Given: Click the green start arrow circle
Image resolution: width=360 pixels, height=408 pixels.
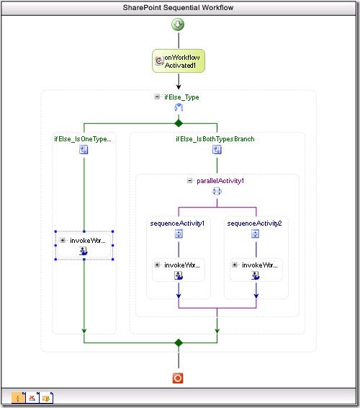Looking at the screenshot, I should tap(178, 25).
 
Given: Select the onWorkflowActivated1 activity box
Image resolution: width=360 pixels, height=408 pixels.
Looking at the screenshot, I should tap(179, 61).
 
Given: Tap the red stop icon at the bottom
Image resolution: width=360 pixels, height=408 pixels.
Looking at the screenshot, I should tap(179, 378).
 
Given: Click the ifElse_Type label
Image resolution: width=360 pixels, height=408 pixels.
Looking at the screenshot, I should tap(182, 97).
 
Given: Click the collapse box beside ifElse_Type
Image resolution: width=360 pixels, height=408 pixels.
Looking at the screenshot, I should tap(157, 97).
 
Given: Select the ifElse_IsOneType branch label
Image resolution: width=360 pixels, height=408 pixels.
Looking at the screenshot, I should tap(84, 138).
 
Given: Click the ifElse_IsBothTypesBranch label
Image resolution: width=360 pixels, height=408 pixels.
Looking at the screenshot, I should tap(215, 138).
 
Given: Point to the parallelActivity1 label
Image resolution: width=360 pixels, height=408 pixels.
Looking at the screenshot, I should tap(221, 181).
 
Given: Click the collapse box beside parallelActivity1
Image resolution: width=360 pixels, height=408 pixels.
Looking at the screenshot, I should tap(189, 181).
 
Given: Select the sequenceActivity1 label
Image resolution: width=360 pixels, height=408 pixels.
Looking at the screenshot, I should tap(177, 223).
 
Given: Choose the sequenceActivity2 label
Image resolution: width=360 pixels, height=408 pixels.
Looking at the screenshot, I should tap(254, 223).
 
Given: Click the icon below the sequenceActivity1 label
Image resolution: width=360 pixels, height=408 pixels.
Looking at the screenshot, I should tap(178, 234).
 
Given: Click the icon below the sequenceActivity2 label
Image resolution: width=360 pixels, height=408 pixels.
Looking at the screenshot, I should tap(255, 234).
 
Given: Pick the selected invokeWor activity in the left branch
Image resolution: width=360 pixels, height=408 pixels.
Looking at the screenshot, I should tap(84, 246).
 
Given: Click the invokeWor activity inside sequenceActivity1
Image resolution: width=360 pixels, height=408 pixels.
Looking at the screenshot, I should tap(178, 270).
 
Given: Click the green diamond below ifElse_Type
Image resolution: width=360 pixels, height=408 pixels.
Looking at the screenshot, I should tap(179, 123).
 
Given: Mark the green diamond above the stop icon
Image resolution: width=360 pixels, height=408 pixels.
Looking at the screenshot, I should tap(179, 343).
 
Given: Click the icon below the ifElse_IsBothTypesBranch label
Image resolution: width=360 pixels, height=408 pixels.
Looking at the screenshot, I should tap(216, 150).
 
